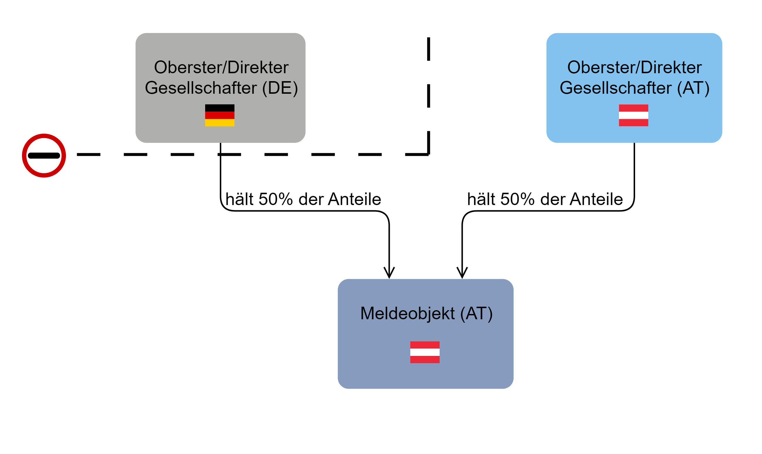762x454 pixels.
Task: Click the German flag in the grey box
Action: point(220,115)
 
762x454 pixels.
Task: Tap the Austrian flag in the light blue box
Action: point(633,115)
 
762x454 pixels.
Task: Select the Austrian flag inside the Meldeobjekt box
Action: point(424,352)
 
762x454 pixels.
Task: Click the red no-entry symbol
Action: point(44,156)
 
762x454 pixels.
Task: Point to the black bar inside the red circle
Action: point(44,156)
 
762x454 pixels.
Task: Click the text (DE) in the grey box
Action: point(280,88)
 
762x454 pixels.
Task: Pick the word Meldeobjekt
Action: point(407,314)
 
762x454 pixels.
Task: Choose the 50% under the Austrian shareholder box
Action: point(518,199)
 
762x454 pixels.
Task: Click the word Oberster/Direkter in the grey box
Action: point(221,67)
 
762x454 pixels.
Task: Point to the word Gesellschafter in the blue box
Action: point(615,88)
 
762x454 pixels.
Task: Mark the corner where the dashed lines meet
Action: point(428,154)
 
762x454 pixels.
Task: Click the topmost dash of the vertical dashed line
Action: point(428,49)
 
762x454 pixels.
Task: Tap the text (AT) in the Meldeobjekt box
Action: point(476,314)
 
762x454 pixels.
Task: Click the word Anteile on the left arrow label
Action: point(354,199)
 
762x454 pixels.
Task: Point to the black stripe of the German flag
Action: point(220,108)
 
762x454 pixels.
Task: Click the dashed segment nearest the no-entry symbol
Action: point(89,154)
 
